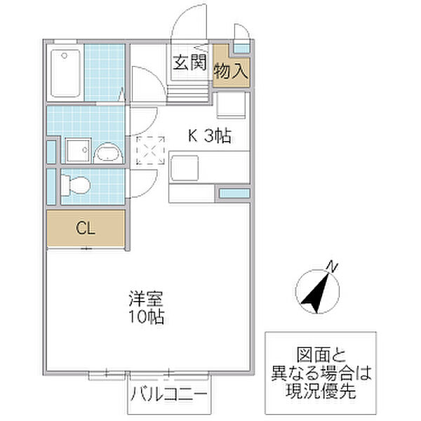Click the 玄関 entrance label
pyautogui.click(x=189, y=62)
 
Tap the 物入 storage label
pyautogui.click(x=231, y=71)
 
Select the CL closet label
pyautogui.click(x=86, y=228)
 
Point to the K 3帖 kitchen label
pyautogui.click(x=210, y=136)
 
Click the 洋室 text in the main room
pyautogui.click(x=146, y=299)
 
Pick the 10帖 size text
pyautogui.click(x=147, y=317)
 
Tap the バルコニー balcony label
pyautogui.click(x=169, y=394)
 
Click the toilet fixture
pyautogui.click(x=76, y=185)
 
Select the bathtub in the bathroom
pyautogui.click(x=65, y=73)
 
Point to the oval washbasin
pyautogui.click(x=108, y=153)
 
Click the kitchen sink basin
pyautogui.click(x=185, y=168)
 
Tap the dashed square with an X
pyautogui.click(x=150, y=150)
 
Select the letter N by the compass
pyautogui.click(x=333, y=267)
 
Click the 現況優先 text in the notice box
pyautogui.click(x=321, y=391)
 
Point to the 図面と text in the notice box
pyautogui.click(x=321, y=355)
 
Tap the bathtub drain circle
pyautogui.click(x=64, y=55)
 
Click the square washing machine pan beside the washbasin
pyautogui.click(x=79, y=150)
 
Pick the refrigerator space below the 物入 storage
pyautogui.click(x=231, y=105)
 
